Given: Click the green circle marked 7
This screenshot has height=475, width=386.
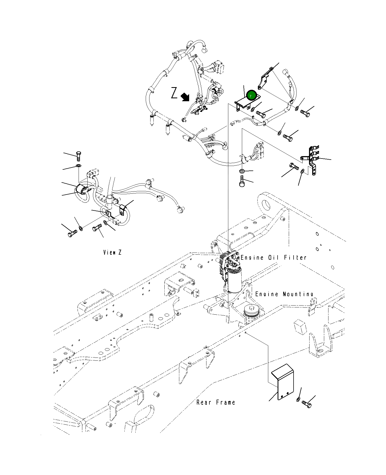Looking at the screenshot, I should coord(251,95).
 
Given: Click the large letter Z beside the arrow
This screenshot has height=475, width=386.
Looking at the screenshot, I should coord(174,93).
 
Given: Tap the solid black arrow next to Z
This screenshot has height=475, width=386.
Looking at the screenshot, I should coord(185,97).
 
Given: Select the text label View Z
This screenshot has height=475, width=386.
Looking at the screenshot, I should coord(112,252).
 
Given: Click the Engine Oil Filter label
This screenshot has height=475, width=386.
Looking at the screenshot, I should coord(274,258).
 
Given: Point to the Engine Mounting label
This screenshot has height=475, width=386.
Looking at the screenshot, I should coord(284,294).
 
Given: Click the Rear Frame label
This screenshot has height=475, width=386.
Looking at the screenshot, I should coord(216,402).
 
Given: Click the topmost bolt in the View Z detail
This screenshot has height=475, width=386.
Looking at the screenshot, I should coord(78,156).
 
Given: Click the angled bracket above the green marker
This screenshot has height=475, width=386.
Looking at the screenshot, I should coord(264,80).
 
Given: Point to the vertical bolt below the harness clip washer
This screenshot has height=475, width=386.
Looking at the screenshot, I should coord(242,181).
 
